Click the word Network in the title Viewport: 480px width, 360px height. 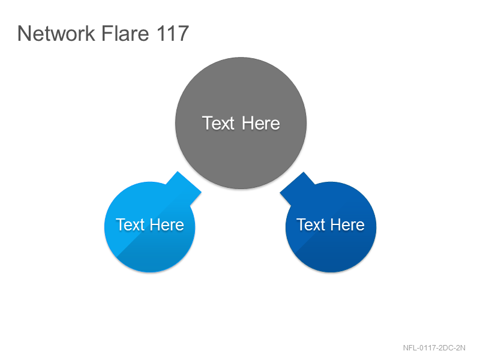coord(56,34)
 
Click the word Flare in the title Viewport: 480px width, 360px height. coord(125,34)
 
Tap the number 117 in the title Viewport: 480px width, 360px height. coord(172,34)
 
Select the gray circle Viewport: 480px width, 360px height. coord(241,123)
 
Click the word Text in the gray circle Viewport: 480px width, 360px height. coord(218,124)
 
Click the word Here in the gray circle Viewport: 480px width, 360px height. coord(261,124)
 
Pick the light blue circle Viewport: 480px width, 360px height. coord(149,227)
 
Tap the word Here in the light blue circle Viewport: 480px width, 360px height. coord(167,224)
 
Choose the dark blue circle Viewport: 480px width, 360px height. coord(331,227)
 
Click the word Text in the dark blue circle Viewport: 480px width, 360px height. coord(311,224)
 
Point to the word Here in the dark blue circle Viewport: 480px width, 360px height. coord(347,224)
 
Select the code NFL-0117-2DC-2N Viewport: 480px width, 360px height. coord(434,348)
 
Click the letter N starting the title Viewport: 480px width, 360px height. coord(24,34)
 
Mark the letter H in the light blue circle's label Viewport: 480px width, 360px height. coord(155,224)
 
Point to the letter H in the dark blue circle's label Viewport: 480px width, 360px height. coord(336,224)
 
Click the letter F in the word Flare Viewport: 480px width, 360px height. coord(106,34)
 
